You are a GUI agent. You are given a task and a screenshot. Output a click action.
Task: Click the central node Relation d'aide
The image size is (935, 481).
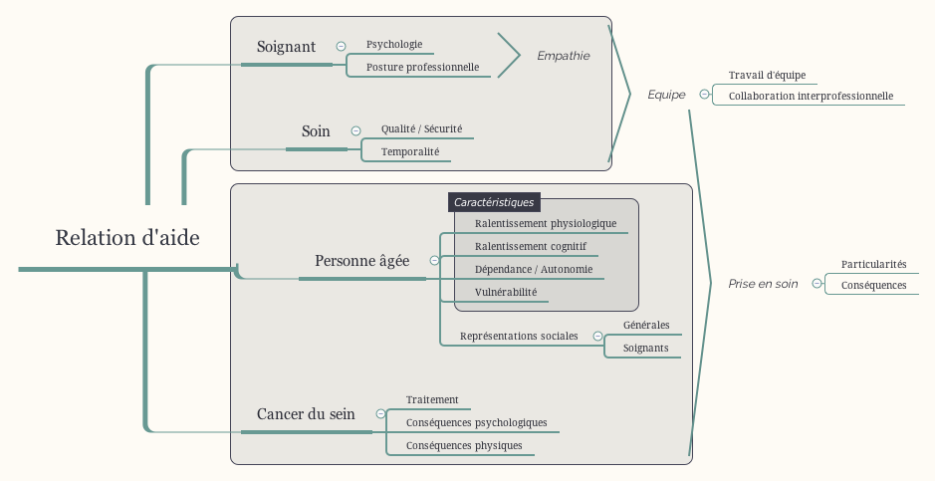pyautogui.click(x=127, y=238)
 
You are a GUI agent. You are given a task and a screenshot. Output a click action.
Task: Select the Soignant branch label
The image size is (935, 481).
pyautogui.click(x=286, y=47)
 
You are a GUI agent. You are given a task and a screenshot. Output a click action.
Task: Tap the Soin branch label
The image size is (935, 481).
pyautogui.click(x=316, y=131)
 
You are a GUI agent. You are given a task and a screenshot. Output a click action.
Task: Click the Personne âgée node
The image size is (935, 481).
pyautogui.click(x=361, y=261)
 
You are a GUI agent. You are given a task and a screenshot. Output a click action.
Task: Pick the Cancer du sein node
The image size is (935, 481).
pyautogui.click(x=306, y=414)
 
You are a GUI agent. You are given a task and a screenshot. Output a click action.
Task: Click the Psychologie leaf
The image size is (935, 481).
pyautogui.click(x=394, y=44)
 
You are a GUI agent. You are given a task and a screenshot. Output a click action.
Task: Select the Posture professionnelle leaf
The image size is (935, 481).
pyautogui.click(x=422, y=68)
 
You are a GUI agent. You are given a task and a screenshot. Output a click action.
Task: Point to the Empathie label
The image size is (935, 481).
pyautogui.click(x=564, y=56)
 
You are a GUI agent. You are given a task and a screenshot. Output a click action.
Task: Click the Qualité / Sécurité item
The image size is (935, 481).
pyautogui.click(x=421, y=128)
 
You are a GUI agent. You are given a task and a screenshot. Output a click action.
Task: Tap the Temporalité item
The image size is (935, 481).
pyautogui.click(x=409, y=151)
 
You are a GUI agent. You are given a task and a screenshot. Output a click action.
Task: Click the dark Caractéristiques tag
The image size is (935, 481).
pyautogui.click(x=494, y=202)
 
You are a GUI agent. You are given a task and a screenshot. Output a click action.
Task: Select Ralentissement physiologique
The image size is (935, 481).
pyautogui.click(x=545, y=223)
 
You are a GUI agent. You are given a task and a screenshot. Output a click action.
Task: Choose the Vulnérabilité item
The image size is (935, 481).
pyautogui.click(x=505, y=292)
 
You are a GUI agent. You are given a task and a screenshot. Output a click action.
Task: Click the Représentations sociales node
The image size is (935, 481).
pyautogui.click(x=519, y=336)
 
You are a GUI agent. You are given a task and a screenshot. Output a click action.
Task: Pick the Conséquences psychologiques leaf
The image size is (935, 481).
pyautogui.click(x=476, y=422)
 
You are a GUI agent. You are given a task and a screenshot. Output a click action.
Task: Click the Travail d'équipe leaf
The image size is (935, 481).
pyautogui.click(x=767, y=75)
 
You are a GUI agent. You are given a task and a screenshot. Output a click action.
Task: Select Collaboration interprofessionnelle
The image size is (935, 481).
pyautogui.click(x=811, y=97)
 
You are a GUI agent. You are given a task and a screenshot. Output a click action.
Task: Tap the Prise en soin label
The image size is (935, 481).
pyautogui.click(x=763, y=284)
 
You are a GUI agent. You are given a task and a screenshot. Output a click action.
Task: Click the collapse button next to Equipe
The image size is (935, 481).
pyautogui.click(x=705, y=95)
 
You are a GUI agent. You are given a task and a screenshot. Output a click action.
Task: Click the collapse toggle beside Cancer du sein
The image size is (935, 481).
pyautogui.click(x=380, y=414)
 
